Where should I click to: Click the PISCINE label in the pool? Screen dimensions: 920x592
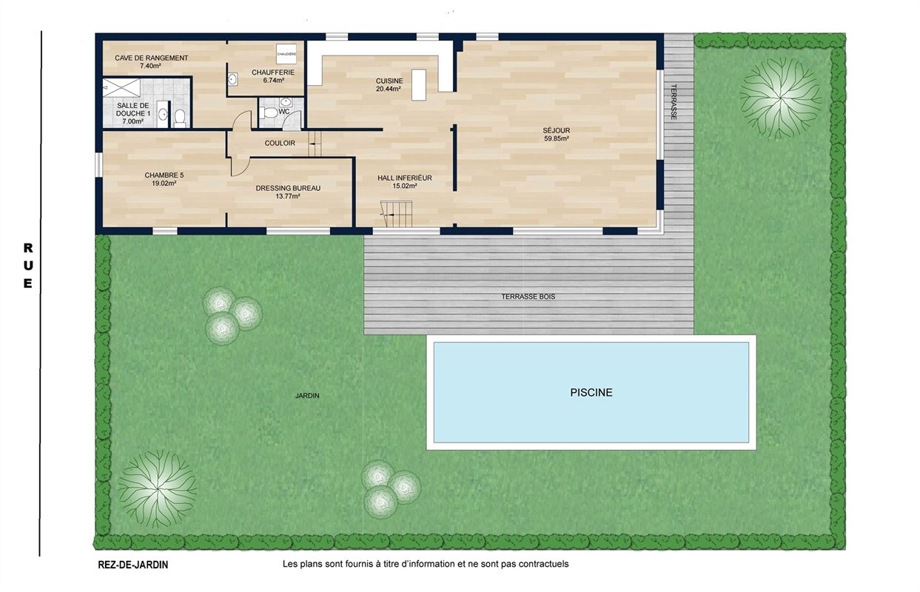pyautogui.click(x=591, y=392)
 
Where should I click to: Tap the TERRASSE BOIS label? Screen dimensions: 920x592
pyautogui.click(x=528, y=297)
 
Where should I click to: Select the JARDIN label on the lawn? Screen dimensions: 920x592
pyautogui.click(x=307, y=396)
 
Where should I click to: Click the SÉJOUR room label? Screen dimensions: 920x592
pyautogui.click(x=557, y=130)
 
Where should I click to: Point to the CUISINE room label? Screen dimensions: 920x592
pyautogui.click(x=389, y=81)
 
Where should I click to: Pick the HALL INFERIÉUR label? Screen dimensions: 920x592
pyautogui.click(x=405, y=178)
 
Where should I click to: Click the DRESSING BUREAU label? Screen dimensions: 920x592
pyautogui.click(x=288, y=188)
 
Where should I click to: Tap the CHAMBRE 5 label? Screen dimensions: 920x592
pyautogui.click(x=164, y=175)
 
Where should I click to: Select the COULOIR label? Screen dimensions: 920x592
pyautogui.click(x=280, y=144)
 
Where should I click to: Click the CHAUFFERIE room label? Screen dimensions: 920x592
pyautogui.click(x=273, y=73)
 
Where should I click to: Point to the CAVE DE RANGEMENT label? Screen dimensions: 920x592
pyautogui.click(x=151, y=58)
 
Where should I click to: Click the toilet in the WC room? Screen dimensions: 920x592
pyautogui.click(x=270, y=112)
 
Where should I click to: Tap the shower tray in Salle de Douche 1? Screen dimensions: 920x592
pyautogui.click(x=121, y=88)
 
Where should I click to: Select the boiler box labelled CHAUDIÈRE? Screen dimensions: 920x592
pyautogui.click(x=286, y=54)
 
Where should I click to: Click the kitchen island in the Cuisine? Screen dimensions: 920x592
pyautogui.click(x=419, y=85)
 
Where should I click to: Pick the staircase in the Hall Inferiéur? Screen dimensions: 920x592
pyautogui.click(x=397, y=213)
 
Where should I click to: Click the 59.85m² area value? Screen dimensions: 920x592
pyautogui.click(x=557, y=139)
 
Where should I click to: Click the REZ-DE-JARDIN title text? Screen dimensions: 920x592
pyautogui.click(x=133, y=565)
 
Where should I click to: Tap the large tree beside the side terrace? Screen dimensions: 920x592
pyautogui.click(x=780, y=97)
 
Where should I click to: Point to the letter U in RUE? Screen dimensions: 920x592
pyautogui.click(x=28, y=266)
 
